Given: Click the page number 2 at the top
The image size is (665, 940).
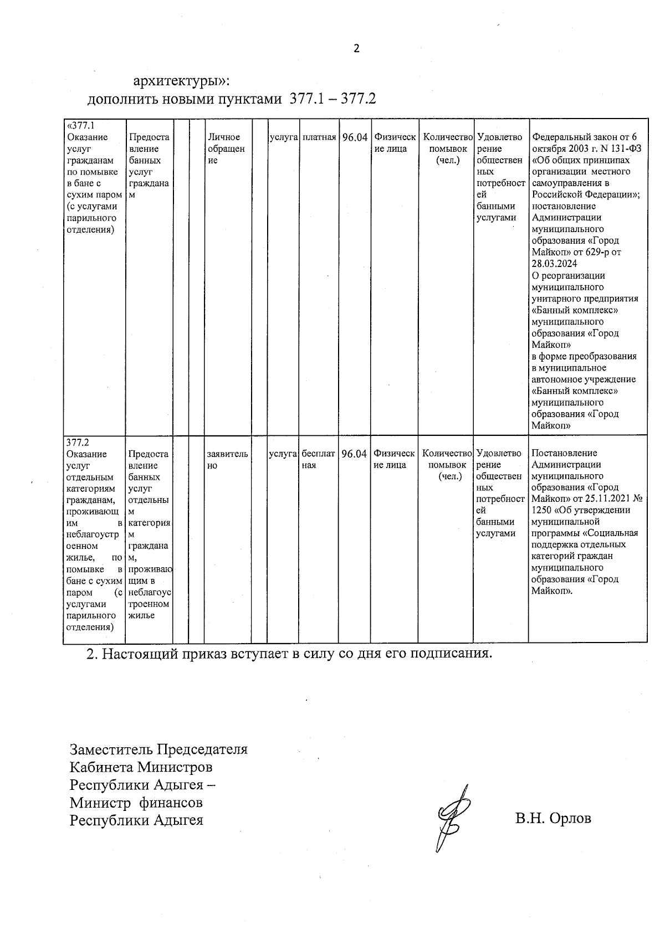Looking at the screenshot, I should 356,49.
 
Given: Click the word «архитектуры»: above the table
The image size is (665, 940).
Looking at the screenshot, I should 181,81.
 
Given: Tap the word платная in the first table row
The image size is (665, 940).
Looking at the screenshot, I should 319,137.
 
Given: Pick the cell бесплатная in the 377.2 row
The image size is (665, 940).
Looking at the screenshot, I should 318,460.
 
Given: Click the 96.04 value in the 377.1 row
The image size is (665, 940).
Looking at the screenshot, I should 355,137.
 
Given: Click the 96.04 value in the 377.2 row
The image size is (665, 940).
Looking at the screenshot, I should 354,454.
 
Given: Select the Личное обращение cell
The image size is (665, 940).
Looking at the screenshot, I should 225,148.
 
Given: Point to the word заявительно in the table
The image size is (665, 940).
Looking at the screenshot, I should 227,460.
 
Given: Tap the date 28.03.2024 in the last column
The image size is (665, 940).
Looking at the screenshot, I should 555,264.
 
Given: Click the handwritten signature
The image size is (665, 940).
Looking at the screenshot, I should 451,816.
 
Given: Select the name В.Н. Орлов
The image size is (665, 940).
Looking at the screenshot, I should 553,818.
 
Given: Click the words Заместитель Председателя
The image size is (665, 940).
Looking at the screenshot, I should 158,749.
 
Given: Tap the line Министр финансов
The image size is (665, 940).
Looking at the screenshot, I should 136,802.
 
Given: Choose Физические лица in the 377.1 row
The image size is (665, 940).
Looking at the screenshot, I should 394,143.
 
